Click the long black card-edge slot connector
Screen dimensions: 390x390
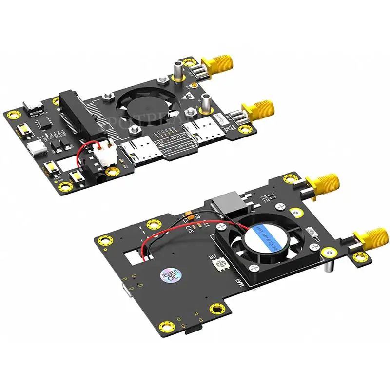tap(78, 115)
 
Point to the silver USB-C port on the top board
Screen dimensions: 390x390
tap(35, 147)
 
